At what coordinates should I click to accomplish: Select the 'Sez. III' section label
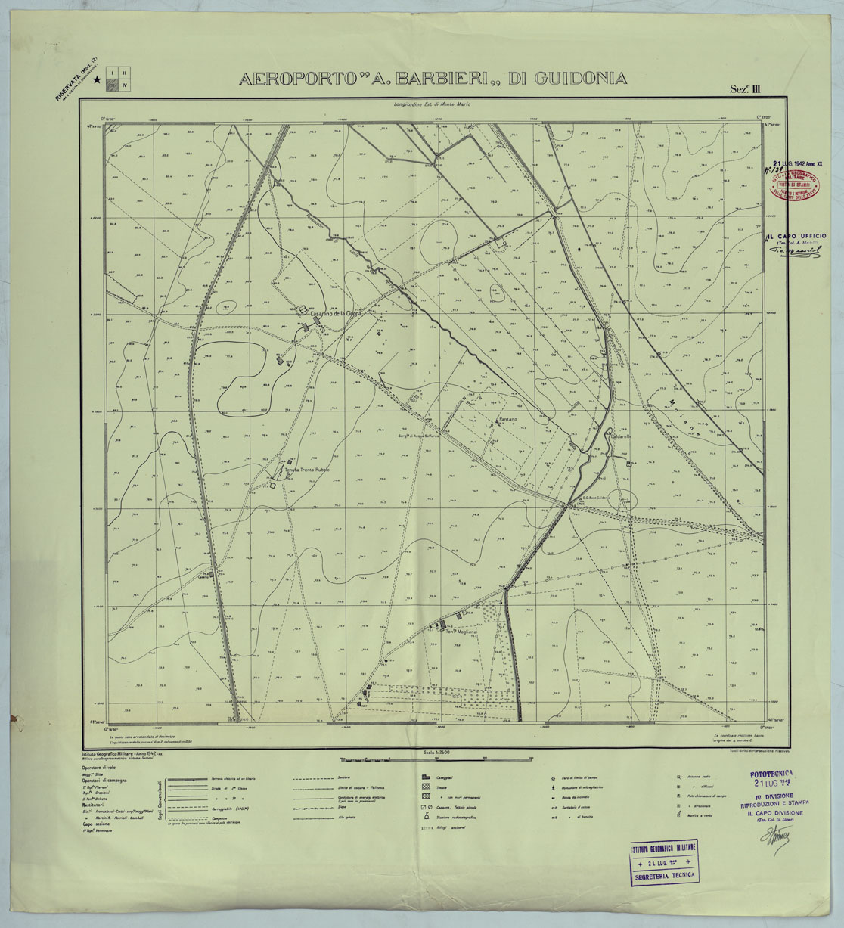pos(744,89)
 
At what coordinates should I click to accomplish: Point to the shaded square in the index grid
pos(113,85)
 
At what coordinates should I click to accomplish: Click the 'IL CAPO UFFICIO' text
pos(796,237)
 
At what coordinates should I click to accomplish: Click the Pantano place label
pos(507,419)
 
